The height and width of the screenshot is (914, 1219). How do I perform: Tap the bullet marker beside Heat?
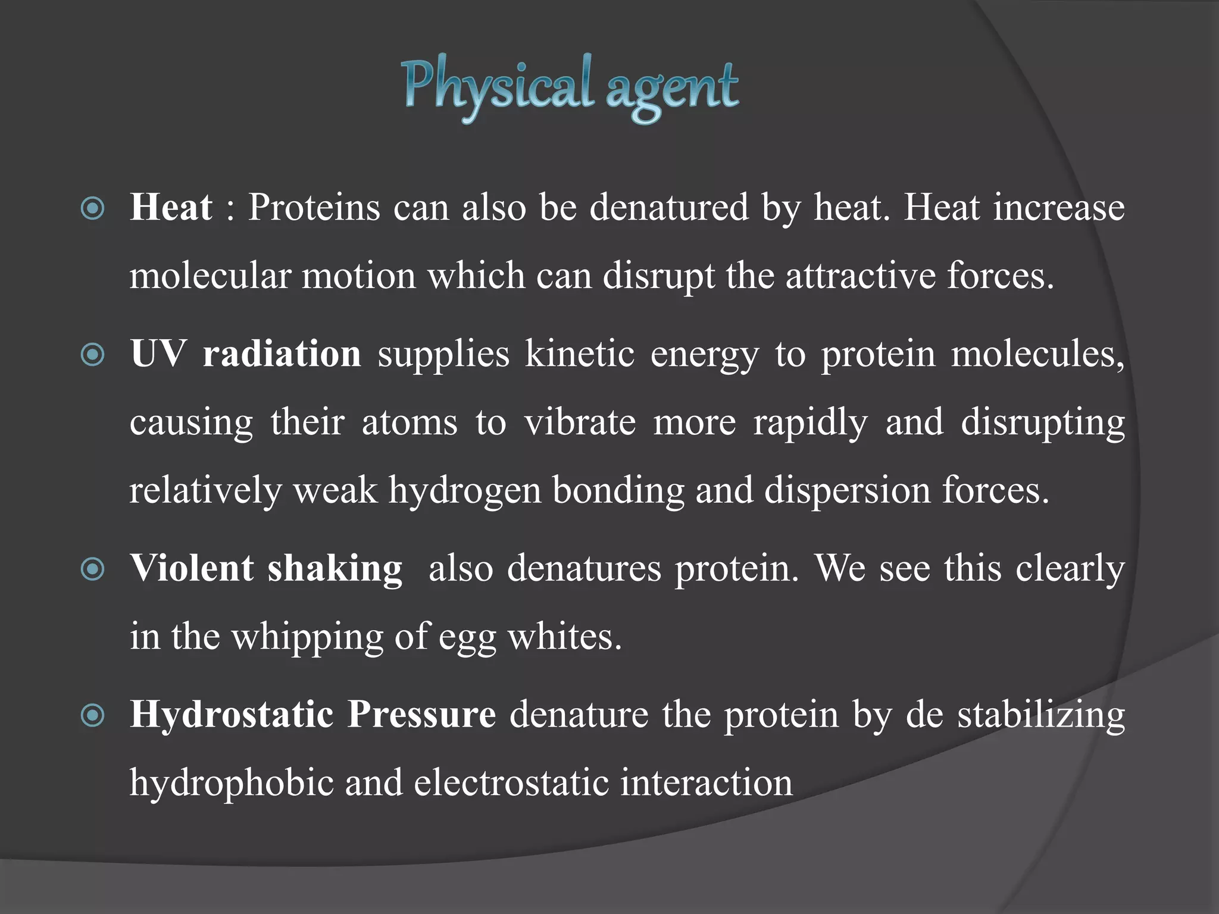[x=93, y=209]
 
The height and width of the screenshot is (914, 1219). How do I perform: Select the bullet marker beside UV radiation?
[x=93, y=355]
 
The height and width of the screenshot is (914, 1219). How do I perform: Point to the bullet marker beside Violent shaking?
[x=93, y=569]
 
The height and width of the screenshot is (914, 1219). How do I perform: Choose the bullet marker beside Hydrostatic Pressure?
[x=93, y=715]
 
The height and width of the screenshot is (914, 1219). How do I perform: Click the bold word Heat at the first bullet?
[x=171, y=208]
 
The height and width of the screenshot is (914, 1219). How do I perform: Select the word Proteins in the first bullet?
[x=314, y=208]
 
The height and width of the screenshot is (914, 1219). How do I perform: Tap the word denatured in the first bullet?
[x=669, y=208]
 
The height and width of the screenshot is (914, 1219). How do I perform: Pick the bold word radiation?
[x=282, y=354]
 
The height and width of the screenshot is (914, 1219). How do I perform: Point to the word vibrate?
[x=580, y=422]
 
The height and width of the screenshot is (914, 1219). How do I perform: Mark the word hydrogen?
[x=465, y=491]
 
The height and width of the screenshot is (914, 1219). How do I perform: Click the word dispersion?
[x=847, y=491]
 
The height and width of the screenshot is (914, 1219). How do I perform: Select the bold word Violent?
[x=192, y=568]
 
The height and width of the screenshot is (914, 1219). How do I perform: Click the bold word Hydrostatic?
[x=232, y=714]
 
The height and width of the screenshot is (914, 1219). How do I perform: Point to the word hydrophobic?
[x=232, y=783]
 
